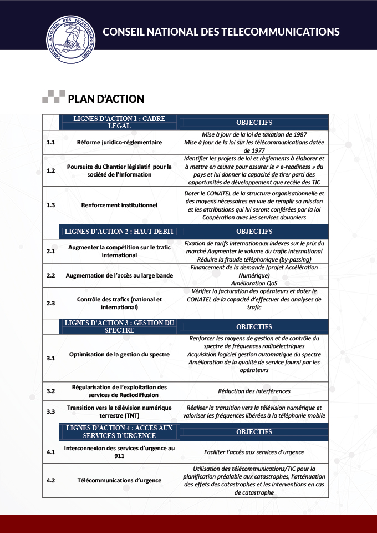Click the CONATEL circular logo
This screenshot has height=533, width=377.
[x=70, y=38]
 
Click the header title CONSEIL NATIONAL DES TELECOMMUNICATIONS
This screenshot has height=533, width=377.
[x=221, y=32]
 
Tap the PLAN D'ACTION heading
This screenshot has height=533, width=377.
[x=106, y=99]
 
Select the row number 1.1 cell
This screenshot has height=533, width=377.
[x=51, y=142]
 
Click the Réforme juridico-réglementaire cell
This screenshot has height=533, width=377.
[x=119, y=142]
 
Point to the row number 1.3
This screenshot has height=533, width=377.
[x=51, y=205]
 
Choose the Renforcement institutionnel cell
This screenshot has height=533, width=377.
[x=119, y=205]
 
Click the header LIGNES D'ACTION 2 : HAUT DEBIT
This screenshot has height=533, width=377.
[x=119, y=231]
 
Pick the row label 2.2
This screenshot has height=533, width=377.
[x=51, y=275]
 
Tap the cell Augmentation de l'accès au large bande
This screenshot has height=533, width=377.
[x=119, y=275]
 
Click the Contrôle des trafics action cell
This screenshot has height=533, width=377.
[x=119, y=303]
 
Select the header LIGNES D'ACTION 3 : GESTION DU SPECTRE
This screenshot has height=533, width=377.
[x=119, y=326]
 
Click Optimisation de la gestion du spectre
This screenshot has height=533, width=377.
[x=119, y=354]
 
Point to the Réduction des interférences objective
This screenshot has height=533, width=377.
[x=254, y=391]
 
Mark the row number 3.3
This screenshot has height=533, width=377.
[x=51, y=411]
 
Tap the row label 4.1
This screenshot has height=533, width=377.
[x=51, y=452]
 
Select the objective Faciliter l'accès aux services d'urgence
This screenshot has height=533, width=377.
[x=254, y=452]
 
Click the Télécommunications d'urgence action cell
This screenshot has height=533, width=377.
[x=119, y=480]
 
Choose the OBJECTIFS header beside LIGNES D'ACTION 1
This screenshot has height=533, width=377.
[x=254, y=122]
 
